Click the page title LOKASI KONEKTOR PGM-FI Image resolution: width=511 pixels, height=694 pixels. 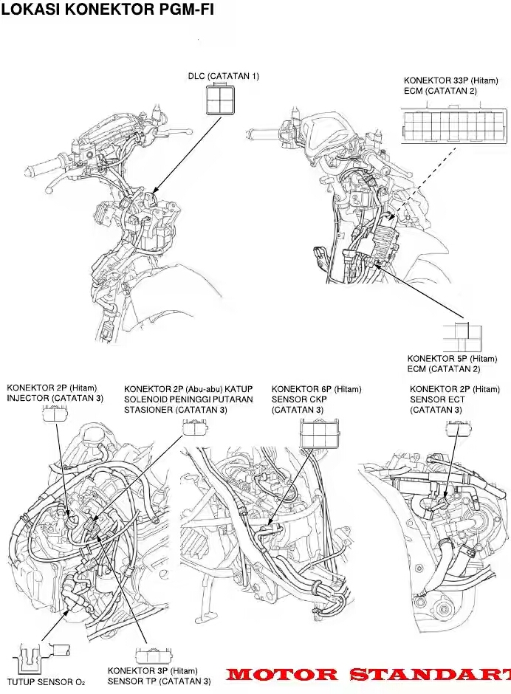coord(107,9)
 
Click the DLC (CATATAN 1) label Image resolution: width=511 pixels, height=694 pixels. coord(224,76)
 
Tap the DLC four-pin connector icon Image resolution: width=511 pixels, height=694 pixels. coord(220,100)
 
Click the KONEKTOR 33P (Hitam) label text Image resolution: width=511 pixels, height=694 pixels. coord(450,80)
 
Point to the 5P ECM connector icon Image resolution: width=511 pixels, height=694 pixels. coord(462,337)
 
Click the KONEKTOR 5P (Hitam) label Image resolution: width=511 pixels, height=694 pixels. coord(452,359)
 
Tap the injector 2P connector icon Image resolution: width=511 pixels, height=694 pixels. coord(55,414)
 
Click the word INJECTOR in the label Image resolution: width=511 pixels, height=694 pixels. coord(27,399)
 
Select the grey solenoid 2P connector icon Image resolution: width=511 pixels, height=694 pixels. coord(195,427)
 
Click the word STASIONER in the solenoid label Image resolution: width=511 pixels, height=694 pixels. coord(150,410)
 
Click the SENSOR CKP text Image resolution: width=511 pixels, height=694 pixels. coord(299,399)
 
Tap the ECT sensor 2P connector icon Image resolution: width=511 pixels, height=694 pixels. coord(459,427)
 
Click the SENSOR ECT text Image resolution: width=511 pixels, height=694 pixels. coord(437,399)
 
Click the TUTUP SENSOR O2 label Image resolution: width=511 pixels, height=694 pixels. coord(46,682)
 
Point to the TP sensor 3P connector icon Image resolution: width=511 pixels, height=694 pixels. coord(153,656)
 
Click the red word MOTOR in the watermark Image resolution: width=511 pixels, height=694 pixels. coord(282,675)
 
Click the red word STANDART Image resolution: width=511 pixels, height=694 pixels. coord(430,675)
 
